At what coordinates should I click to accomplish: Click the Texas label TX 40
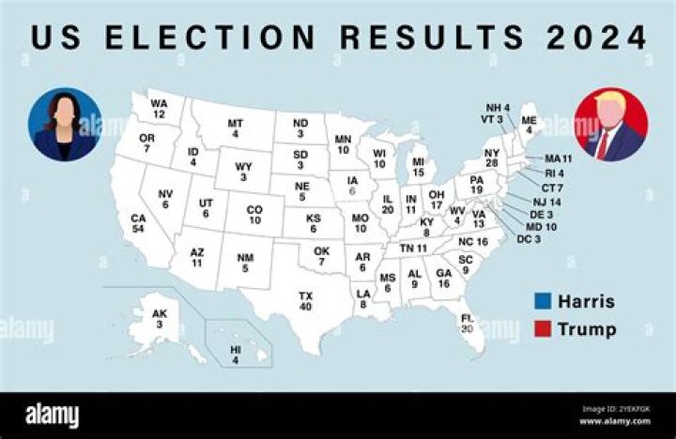305,301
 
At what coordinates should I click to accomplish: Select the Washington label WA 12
159,109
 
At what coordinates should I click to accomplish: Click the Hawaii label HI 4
236,355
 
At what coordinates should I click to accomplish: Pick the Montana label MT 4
235,129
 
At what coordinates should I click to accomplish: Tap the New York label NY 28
491,159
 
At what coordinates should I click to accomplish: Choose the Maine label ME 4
530,126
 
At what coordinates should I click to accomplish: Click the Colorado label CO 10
254,216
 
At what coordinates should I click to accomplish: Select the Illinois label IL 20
388,204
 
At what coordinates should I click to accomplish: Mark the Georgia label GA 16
444,279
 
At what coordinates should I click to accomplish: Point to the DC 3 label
530,240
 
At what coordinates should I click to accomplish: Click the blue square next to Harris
542,301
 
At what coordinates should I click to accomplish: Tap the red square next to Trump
542,328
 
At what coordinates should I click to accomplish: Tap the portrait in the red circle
611,125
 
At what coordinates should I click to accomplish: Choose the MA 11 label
559,159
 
